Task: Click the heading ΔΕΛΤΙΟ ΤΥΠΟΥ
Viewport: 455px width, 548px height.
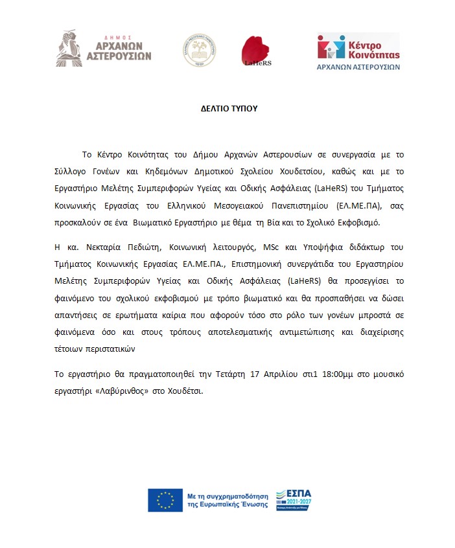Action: (229, 108)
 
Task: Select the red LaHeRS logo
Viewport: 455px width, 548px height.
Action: (255, 51)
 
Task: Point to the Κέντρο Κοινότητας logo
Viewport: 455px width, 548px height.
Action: (358, 51)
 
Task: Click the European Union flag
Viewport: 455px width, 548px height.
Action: (165, 499)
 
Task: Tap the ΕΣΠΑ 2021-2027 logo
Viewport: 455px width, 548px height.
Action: (293, 499)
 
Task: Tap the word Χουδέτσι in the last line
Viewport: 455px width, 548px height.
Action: (186, 391)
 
